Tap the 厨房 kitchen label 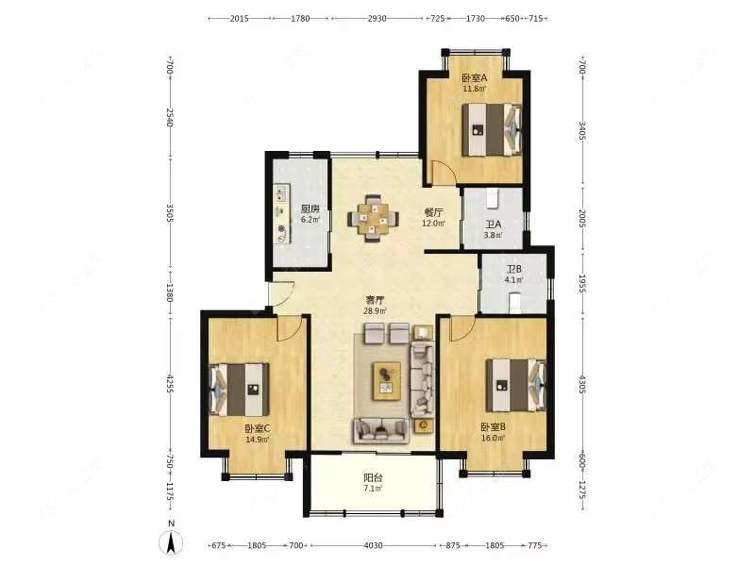[310, 208]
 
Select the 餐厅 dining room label [433, 212]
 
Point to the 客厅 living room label [377, 299]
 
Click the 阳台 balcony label [373, 478]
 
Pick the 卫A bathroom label [493, 225]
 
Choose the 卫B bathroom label [513, 269]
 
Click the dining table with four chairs [374, 218]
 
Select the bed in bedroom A [490, 128]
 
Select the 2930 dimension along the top [377, 18]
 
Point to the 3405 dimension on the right [582, 130]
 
